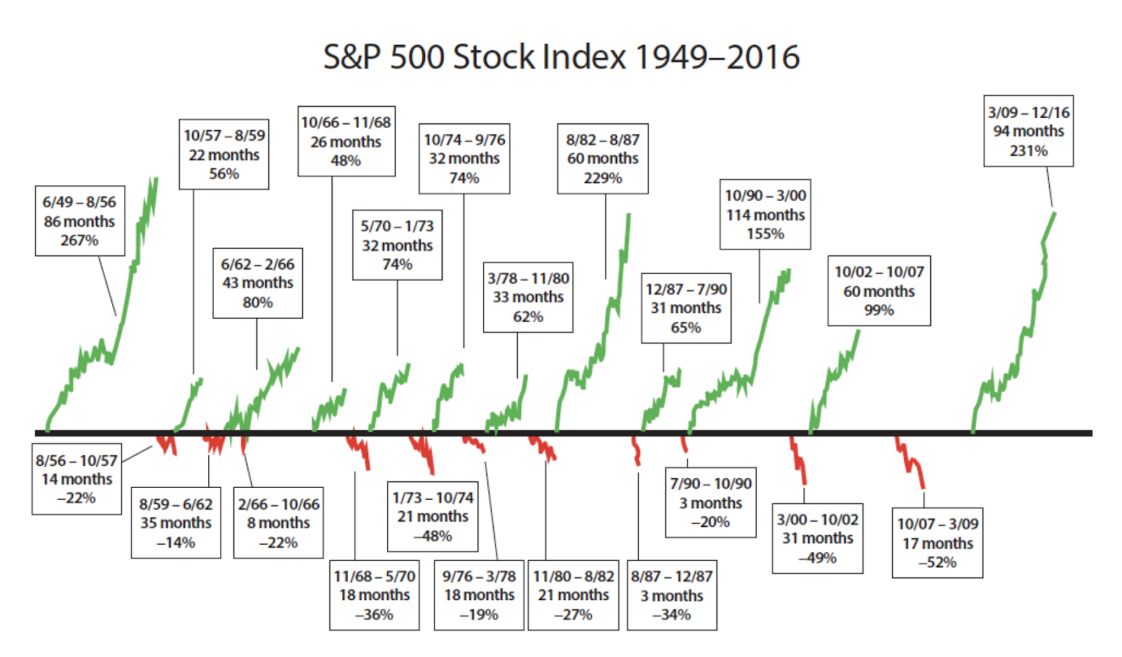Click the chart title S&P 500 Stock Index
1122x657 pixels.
[560, 57]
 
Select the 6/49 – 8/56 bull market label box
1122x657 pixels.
[80, 221]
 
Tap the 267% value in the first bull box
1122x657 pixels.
[79, 241]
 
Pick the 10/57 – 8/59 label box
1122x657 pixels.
[224, 154]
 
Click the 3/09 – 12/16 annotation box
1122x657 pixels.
[1028, 131]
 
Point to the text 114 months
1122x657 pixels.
[765, 215]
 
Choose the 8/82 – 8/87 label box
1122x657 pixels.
[602, 159]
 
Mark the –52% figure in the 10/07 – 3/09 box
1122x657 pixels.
[937, 562]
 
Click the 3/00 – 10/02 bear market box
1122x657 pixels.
[817, 538]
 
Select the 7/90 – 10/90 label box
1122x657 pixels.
[710, 503]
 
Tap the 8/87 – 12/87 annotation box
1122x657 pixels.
[672, 595]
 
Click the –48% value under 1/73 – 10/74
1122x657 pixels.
[433, 536]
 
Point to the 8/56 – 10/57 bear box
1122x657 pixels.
[76, 479]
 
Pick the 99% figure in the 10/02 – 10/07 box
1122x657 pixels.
[879, 310]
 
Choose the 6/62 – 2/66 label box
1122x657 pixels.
[257, 283]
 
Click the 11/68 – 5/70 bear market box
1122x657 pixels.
[374, 595]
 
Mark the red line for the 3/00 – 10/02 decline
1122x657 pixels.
[799, 460]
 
